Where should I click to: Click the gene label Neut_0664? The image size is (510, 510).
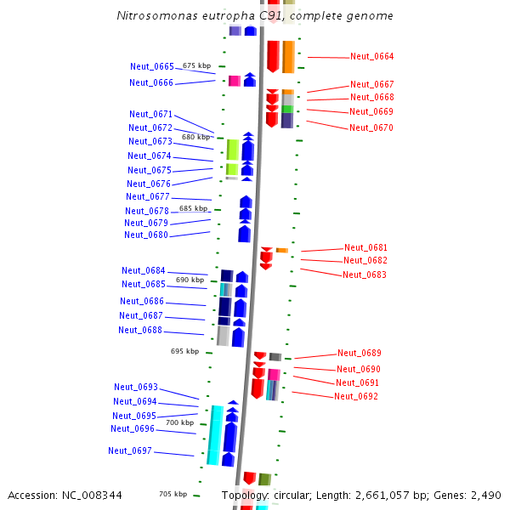click(371, 57)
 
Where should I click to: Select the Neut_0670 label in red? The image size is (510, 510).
click(371, 127)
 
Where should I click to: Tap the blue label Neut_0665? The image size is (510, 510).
click(151, 66)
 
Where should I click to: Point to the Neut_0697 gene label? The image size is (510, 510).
click(129, 450)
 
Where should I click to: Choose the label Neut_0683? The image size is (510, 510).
click(365, 275)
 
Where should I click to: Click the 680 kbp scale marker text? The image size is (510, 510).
click(195, 137)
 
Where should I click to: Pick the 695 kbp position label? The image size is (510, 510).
click(184, 351)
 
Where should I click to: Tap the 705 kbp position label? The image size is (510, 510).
click(173, 494)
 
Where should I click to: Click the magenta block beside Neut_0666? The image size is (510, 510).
click(234, 81)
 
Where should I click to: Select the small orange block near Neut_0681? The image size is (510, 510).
click(281, 250)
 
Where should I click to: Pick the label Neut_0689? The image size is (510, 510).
click(359, 353)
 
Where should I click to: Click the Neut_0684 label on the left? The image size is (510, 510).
click(143, 270)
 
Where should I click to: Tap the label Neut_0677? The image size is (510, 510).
click(148, 196)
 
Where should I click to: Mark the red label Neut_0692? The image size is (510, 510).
click(356, 396)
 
